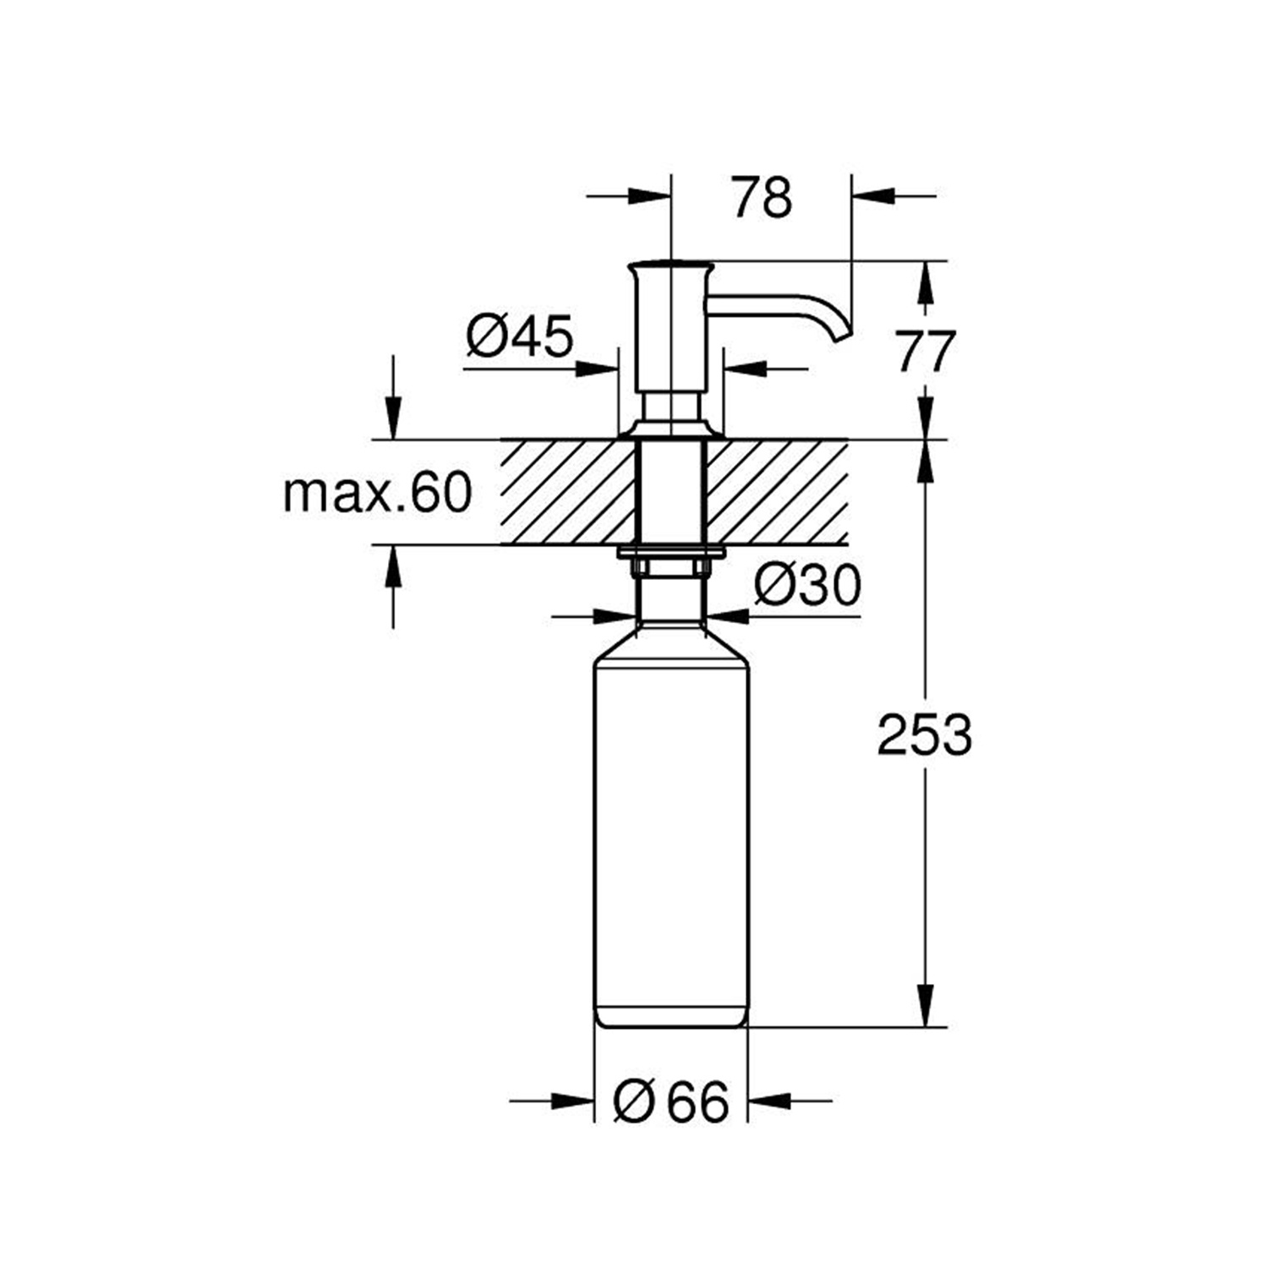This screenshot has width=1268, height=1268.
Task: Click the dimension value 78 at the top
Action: [762, 198]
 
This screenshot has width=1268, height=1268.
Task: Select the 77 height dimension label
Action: [926, 352]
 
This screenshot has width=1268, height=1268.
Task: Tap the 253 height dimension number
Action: [925, 735]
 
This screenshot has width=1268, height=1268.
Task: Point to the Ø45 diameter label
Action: [519, 336]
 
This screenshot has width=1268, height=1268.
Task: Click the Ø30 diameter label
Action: [806, 585]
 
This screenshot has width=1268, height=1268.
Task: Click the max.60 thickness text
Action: [377, 493]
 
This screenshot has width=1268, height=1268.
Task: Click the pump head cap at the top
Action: [670, 269]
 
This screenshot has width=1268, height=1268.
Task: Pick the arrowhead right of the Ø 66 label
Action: [768, 1101]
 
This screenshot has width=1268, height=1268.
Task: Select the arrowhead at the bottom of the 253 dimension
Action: [926, 1007]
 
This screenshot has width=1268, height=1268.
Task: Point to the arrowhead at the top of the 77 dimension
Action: [926, 281]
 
